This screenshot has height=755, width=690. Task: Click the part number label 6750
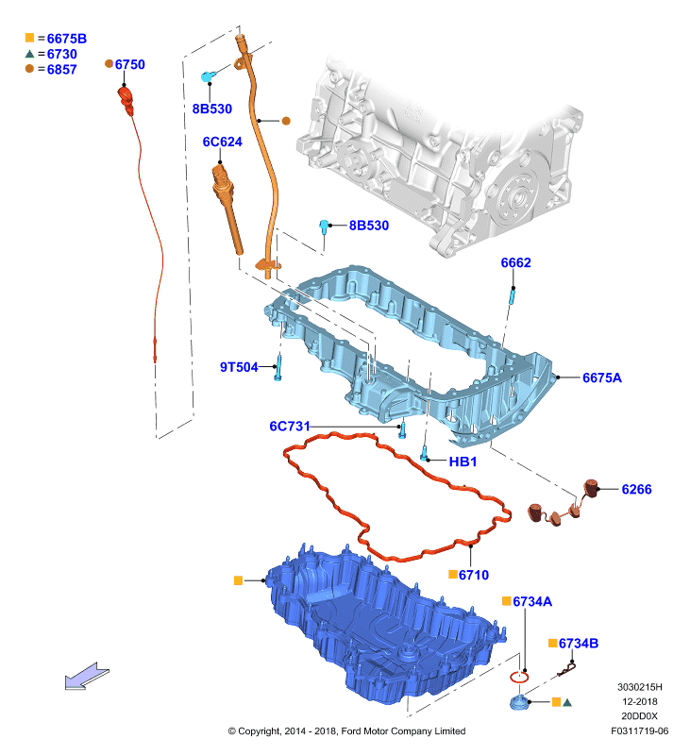point(129,64)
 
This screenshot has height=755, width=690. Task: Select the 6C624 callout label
point(222,142)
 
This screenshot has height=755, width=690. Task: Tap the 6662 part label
point(515,262)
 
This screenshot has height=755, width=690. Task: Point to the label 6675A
point(602,378)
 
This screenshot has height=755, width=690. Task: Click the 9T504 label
point(239,367)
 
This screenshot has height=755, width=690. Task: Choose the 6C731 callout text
point(290,427)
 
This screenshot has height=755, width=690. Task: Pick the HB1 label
point(463,461)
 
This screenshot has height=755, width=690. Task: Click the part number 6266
point(636,489)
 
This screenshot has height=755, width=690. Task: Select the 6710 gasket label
point(474,575)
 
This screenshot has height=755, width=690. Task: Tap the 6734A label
point(532,601)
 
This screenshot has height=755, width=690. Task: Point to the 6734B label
point(579,644)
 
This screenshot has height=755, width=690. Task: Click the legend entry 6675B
point(66,39)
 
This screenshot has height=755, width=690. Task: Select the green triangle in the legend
point(29,54)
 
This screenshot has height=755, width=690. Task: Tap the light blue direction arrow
point(87,677)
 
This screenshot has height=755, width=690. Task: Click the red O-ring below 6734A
point(519,678)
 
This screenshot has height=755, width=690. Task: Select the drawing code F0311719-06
point(639,730)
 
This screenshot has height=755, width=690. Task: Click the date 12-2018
point(639,701)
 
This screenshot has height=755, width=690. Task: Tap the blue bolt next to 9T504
point(278,367)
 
